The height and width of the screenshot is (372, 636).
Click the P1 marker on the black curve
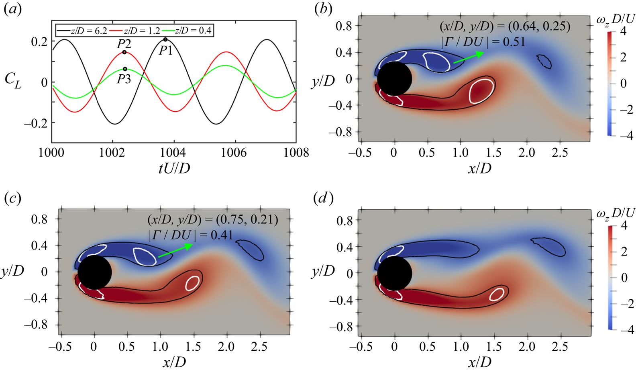click(165, 39)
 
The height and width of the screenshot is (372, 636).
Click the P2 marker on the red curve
click(124, 52)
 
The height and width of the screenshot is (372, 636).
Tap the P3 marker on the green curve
click(125, 69)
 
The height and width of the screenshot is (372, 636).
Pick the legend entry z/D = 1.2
click(142, 31)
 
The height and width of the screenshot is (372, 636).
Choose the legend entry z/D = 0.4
click(193, 31)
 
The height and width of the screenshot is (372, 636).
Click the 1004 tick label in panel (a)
click(173, 153)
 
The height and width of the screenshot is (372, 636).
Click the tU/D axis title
click(174, 168)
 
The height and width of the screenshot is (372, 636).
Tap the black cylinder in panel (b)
click(395, 79)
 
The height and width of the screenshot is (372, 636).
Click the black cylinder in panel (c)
click(94, 272)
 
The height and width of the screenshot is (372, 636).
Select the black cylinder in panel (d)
click(395, 273)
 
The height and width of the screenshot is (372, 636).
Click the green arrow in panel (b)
click(468, 57)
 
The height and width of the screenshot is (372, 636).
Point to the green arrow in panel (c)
click(175, 250)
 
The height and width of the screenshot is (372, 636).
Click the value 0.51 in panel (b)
click(512, 42)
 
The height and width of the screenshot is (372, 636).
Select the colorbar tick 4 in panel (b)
click(623, 31)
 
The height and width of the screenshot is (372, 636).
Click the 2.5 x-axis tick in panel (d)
click(560, 347)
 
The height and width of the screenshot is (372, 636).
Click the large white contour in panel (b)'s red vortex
click(481, 91)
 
